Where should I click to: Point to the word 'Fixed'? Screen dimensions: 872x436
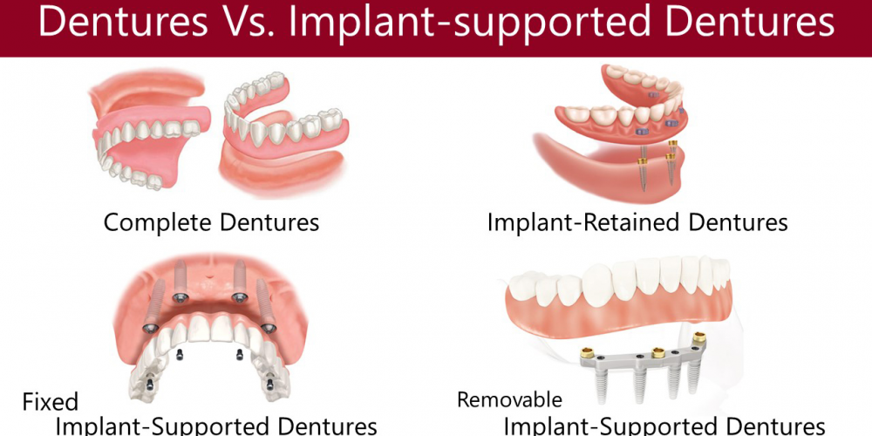(50, 401)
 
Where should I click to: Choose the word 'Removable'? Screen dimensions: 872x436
(510, 399)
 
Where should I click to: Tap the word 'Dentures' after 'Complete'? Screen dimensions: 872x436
(269, 223)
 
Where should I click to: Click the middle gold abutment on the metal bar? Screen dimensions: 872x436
(657, 352)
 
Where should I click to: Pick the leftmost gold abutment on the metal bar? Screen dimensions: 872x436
(586, 352)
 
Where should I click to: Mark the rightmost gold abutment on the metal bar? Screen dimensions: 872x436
(699, 337)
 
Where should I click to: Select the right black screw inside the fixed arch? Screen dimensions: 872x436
(240, 354)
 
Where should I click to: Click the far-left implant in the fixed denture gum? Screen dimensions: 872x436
(153, 305)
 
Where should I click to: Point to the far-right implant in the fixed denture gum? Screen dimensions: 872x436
(266, 305)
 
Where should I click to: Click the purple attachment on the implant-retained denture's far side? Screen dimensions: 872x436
(653, 95)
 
